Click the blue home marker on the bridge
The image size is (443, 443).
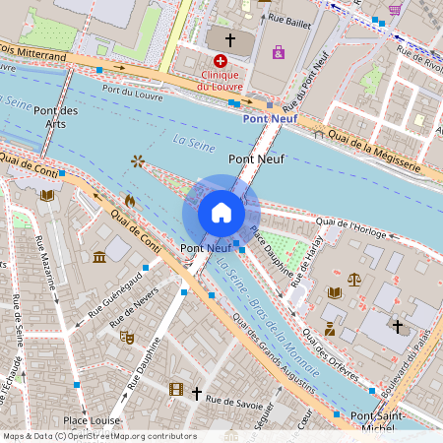[221, 212]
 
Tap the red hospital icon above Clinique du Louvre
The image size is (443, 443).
[206, 61]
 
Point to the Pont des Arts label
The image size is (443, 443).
[55, 117]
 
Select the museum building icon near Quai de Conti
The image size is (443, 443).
[99, 257]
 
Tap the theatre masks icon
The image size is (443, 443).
[126, 337]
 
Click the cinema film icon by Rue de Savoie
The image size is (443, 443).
[175, 390]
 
